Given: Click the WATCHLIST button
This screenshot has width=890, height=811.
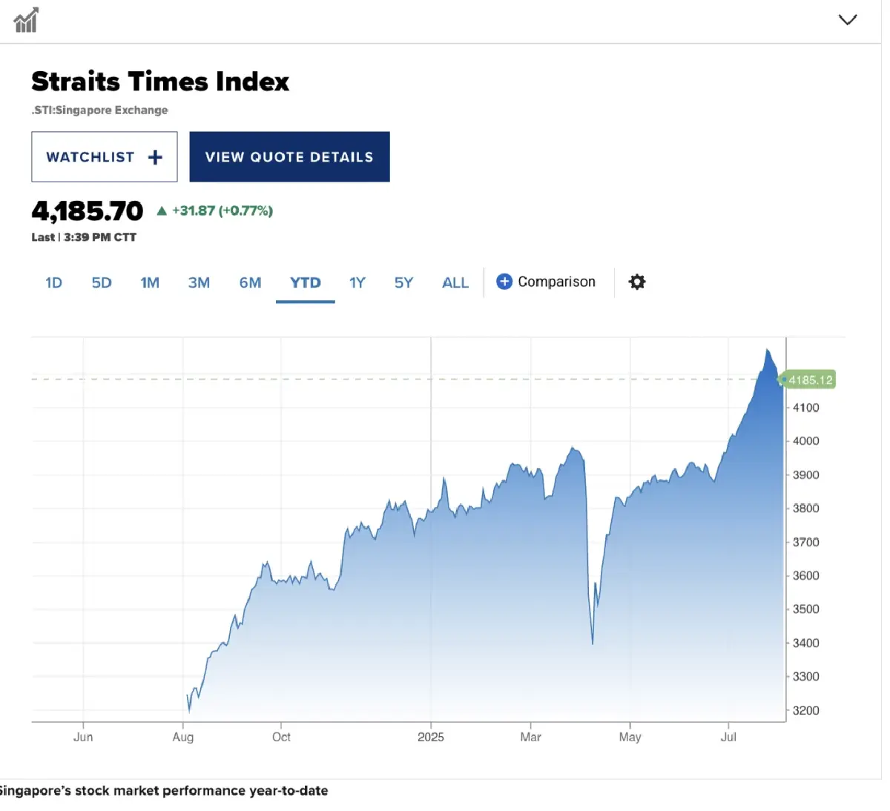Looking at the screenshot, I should click(104, 157).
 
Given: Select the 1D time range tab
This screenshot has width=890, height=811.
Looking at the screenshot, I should click(53, 282).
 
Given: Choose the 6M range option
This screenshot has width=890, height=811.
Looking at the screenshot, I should click(250, 282).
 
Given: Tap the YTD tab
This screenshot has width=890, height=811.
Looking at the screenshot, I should click(305, 282).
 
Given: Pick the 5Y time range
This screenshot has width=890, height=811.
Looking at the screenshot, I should click(403, 282).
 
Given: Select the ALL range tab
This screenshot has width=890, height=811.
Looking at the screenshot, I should click(455, 282).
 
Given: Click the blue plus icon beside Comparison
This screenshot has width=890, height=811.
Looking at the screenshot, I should click(504, 282).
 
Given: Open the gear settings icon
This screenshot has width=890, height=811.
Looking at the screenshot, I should click(637, 282).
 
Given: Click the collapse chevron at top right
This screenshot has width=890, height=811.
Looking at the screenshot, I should click(847, 20).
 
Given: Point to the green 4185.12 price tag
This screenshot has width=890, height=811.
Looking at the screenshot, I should click(810, 380).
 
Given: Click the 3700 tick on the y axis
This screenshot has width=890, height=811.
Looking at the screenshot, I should click(805, 542).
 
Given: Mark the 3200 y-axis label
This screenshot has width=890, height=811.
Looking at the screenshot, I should click(805, 710).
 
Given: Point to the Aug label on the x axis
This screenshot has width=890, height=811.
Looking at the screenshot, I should click(183, 737).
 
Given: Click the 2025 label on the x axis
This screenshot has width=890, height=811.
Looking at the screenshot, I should click(430, 737).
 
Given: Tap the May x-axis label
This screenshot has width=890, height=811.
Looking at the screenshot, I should click(630, 737).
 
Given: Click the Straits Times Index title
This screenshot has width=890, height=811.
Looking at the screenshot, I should click(160, 82).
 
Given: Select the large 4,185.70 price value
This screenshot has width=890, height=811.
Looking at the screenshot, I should click(88, 211).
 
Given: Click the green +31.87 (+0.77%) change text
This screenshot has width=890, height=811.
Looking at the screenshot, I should click(222, 211).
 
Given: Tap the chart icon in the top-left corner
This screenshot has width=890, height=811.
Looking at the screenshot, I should click(26, 21).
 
